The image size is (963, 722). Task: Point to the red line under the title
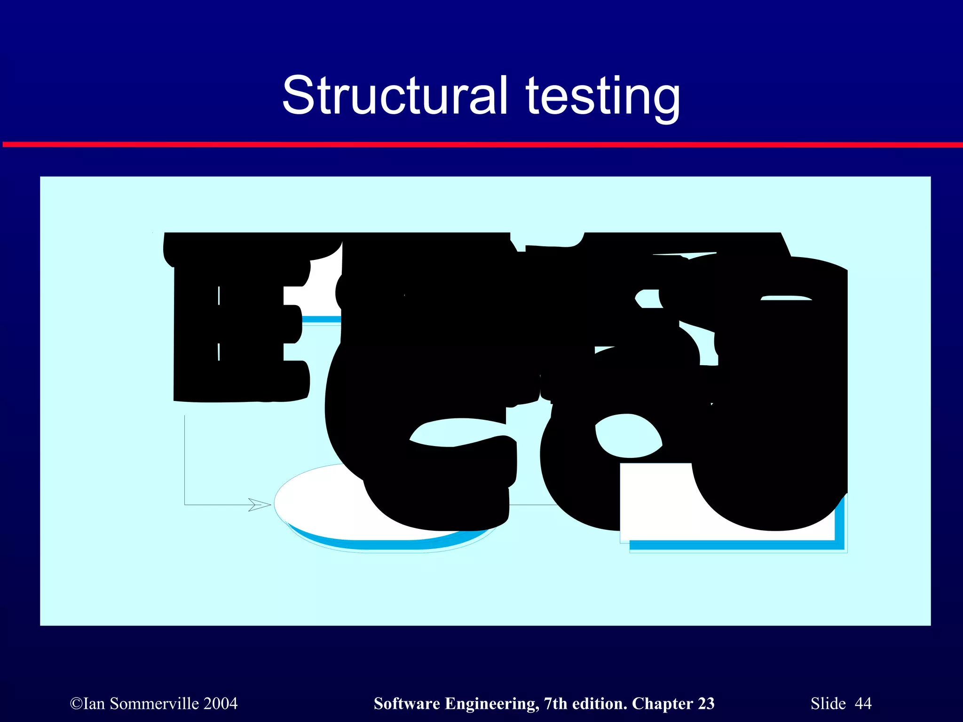(481, 144)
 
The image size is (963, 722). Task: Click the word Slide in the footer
(828, 704)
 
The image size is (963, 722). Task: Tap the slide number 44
(863, 704)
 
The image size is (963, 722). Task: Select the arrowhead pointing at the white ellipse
(260, 505)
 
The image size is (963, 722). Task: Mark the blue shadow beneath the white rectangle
(734, 545)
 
